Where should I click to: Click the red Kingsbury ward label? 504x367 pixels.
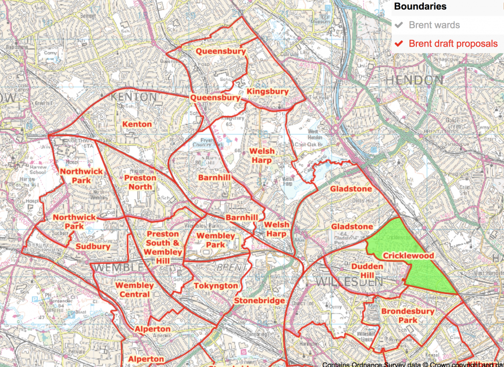pos(268,91)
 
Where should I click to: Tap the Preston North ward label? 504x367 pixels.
pos(140,182)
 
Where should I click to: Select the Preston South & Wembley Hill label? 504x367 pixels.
pos(163,247)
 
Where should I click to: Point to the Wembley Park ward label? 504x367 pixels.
pos(216,240)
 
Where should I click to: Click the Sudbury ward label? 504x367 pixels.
pos(93,246)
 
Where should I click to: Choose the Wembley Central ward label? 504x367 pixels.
pos(134,290)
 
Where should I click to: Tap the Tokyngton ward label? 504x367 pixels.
pos(216,285)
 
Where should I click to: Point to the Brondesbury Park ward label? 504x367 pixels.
pos(408,315)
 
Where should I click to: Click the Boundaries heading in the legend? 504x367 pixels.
pos(420,7)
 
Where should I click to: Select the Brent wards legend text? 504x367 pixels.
pos(434,25)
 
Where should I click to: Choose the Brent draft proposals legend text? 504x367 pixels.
pos(453,44)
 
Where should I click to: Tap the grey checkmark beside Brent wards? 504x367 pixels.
pos(400,25)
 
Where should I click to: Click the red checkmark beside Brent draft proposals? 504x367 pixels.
pos(400,44)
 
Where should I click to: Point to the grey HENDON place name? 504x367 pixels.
pos(414,80)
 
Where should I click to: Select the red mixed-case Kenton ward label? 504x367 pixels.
pos(137,124)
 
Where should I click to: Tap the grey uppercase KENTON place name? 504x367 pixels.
pos(134,97)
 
